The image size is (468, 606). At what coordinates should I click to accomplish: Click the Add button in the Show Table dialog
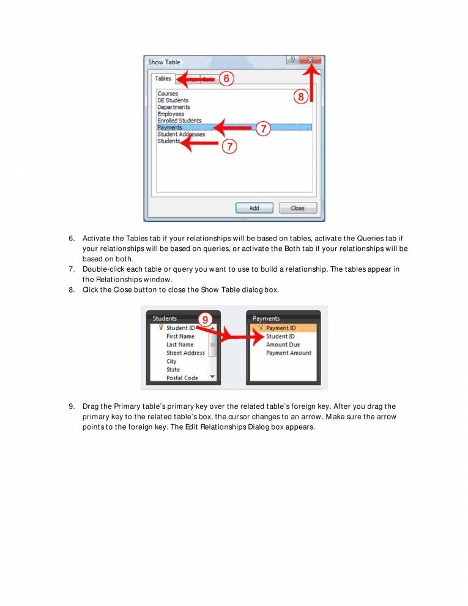[254, 208]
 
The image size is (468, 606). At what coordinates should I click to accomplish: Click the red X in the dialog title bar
[311, 60]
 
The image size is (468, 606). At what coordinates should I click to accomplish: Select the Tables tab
[163, 79]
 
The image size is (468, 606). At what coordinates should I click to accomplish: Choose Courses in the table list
[168, 94]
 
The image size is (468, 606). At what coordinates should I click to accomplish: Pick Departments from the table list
[173, 107]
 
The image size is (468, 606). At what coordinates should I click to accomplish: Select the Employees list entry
[171, 114]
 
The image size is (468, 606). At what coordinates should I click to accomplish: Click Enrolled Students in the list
[179, 121]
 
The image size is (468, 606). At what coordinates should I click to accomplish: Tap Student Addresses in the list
[181, 134]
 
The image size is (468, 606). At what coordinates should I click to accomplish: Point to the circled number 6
[226, 79]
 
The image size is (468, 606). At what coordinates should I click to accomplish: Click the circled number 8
[301, 97]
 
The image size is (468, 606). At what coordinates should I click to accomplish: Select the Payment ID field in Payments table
[281, 328]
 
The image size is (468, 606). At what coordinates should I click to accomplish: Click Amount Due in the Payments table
[283, 345]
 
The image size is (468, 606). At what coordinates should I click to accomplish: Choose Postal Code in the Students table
[182, 378]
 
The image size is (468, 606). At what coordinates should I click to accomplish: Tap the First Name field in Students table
[180, 336]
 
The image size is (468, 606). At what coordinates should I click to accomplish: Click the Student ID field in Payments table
[280, 336]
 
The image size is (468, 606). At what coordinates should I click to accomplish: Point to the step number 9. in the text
[72, 406]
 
